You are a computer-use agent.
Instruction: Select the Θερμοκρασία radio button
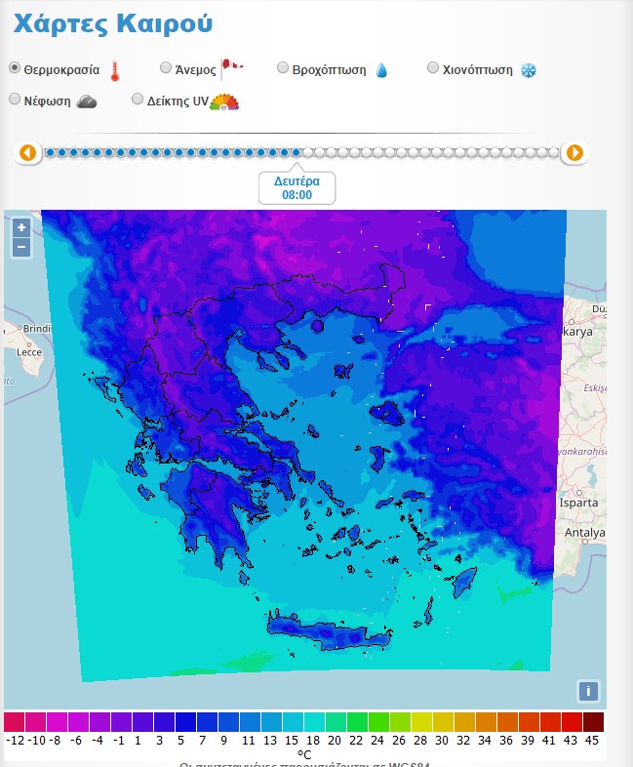pyautogui.click(x=15, y=68)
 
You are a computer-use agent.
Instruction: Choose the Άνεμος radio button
pyautogui.click(x=165, y=68)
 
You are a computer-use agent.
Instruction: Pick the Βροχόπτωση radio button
pyautogui.click(x=283, y=68)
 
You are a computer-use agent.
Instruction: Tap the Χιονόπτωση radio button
pyautogui.click(x=434, y=68)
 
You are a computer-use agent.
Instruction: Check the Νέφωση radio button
pyautogui.click(x=15, y=99)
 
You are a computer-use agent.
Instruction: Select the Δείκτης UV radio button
pyautogui.click(x=138, y=99)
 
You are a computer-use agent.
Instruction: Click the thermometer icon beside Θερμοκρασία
pyautogui.click(x=115, y=70)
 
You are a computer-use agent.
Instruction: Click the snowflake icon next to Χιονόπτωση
pyautogui.click(x=528, y=70)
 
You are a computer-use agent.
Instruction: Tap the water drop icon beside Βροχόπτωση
pyautogui.click(x=381, y=70)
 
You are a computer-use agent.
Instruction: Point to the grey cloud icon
pyautogui.click(x=87, y=101)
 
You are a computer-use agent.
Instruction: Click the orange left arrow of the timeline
pyautogui.click(x=27, y=152)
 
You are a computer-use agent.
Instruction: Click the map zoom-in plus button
pyautogui.click(x=21, y=227)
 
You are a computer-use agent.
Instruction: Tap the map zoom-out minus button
pyautogui.click(x=21, y=247)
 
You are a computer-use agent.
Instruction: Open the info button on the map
pyautogui.click(x=587, y=691)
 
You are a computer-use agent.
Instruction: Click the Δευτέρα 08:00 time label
pyautogui.click(x=297, y=188)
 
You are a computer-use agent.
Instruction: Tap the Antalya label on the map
pyautogui.click(x=585, y=533)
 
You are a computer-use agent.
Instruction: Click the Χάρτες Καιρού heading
pyautogui.click(x=113, y=23)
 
